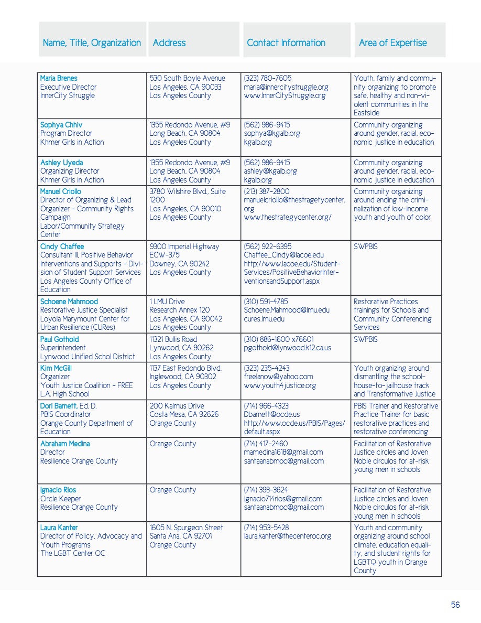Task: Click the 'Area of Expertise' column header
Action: pyautogui.click(x=392, y=43)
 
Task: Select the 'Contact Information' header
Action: pyautogui.click(x=286, y=43)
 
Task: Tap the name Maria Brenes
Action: pyautogui.click(x=59, y=78)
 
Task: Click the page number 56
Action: pyautogui.click(x=455, y=605)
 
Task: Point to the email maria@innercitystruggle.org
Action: pyautogui.click(x=286, y=87)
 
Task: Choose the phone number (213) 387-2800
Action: pyautogui.click(x=267, y=191)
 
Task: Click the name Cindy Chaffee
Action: pyautogui.click(x=62, y=246)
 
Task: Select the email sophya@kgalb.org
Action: pyautogui.click(x=272, y=133)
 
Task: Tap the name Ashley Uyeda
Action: pyautogui.click(x=61, y=163)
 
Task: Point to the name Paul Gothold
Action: pyautogui.click(x=59, y=339)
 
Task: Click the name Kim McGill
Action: pyautogui.click(x=55, y=368)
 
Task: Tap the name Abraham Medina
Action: pyautogui.click(x=65, y=444)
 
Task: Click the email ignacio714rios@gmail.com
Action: pyautogui.click(x=283, y=499)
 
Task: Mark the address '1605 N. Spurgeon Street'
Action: pyautogui.click(x=186, y=528)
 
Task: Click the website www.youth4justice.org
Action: pyautogui.click(x=280, y=385)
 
